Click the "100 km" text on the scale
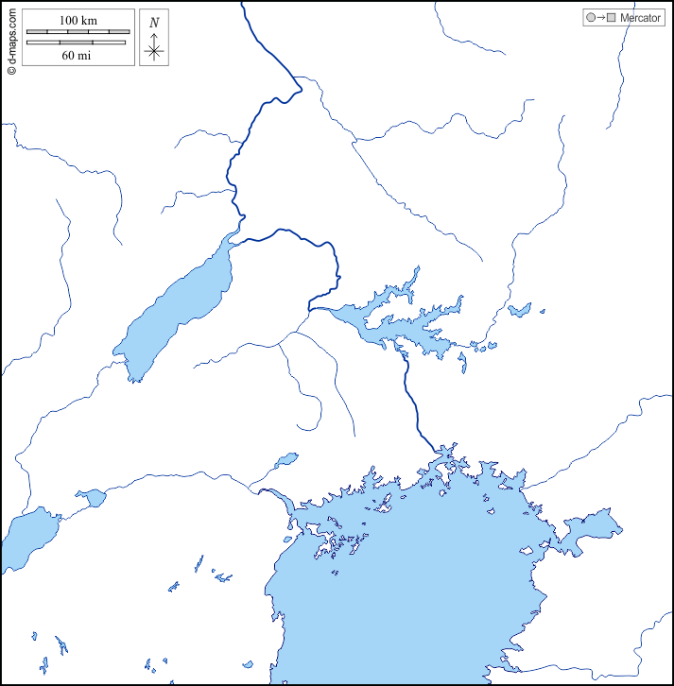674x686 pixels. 77,20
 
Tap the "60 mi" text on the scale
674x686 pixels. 77,55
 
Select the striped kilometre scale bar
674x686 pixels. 77,32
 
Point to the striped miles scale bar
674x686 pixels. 77,43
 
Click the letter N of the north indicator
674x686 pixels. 154,22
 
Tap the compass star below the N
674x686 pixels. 154,51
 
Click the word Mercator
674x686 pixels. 640,18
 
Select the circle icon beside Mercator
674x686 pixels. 591,18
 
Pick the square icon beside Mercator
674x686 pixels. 612,18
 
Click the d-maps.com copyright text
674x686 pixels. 10,40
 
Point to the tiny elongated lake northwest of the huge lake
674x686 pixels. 285,460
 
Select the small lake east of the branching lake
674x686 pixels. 519,309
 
